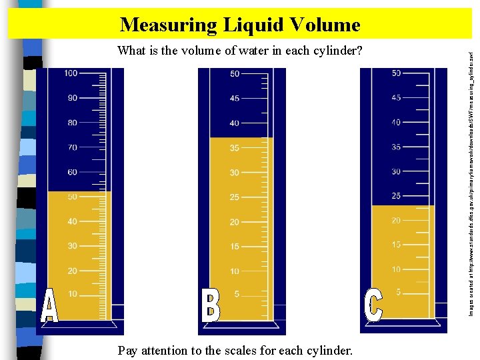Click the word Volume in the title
coord(325,25)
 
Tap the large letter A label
coord(49,307)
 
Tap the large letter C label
coord(373,305)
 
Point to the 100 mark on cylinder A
coord(71,73)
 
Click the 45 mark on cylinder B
coord(235,99)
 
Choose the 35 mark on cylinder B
coord(235,148)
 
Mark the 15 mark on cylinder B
coord(235,247)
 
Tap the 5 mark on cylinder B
coord(236,295)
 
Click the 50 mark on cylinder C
coord(396,73)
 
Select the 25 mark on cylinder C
coord(396,196)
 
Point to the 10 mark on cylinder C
coord(396,269)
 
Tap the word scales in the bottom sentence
coord(246,350)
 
